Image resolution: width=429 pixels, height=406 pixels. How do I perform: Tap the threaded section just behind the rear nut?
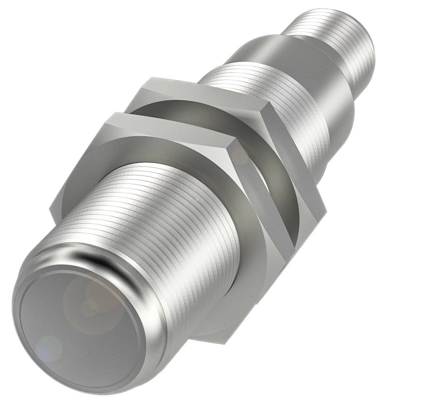(x=272, y=90)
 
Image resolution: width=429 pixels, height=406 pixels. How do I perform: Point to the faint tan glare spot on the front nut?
(x=240, y=156)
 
